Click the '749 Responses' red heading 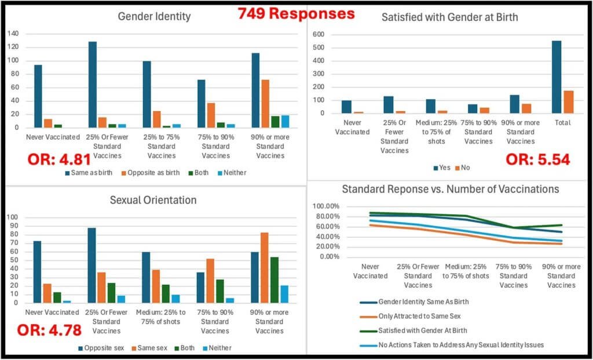pyautogui.click(x=295, y=13)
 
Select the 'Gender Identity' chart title pyautogui.click(x=154, y=17)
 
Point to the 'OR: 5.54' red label pyautogui.click(x=537, y=160)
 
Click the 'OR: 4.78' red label pyautogui.click(x=48, y=331)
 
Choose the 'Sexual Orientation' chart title pyautogui.click(x=153, y=200)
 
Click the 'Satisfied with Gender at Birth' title pyautogui.click(x=449, y=17)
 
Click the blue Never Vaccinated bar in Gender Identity pyautogui.click(x=38, y=96)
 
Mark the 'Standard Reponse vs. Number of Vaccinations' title pyautogui.click(x=451, y=189)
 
